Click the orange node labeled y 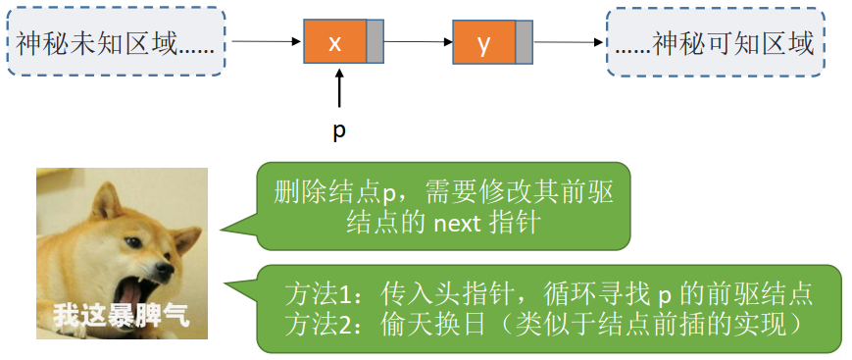(x=483, y=43)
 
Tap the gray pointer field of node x (x=376, y=43)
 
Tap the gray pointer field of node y (x=524, y=43)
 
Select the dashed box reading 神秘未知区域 (x=117, y=43)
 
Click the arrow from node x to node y (x=419, y=43)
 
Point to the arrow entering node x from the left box (x=265, y=43)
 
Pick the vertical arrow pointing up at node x (x=339, y=86)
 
